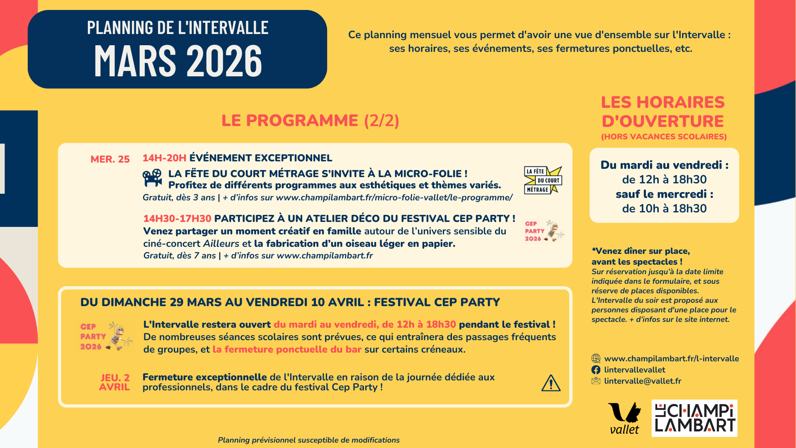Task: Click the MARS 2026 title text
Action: [178, 61]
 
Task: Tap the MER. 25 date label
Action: [110, 159]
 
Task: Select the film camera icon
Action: [152, 178]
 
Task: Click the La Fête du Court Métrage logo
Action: [543, 180]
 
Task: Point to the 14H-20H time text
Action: [164, 158]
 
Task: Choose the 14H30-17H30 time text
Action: [177, 219]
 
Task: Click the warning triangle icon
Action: [551, 383]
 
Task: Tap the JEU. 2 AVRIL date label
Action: [114, 382]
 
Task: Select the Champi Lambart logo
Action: [694, 418]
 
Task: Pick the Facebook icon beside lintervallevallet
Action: [596, 370]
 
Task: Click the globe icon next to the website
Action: [596, 358]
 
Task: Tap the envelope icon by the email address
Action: [596, 381]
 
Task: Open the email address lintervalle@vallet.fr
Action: [643, 381]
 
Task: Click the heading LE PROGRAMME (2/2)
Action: [310, 121]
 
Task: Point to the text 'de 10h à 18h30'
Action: [664, 209]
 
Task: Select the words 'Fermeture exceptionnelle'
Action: [204, 377]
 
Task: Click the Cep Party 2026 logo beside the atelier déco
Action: [544, 231]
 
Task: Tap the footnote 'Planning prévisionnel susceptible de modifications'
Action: [308, 440]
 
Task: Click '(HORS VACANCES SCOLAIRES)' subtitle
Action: [664, 136]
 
